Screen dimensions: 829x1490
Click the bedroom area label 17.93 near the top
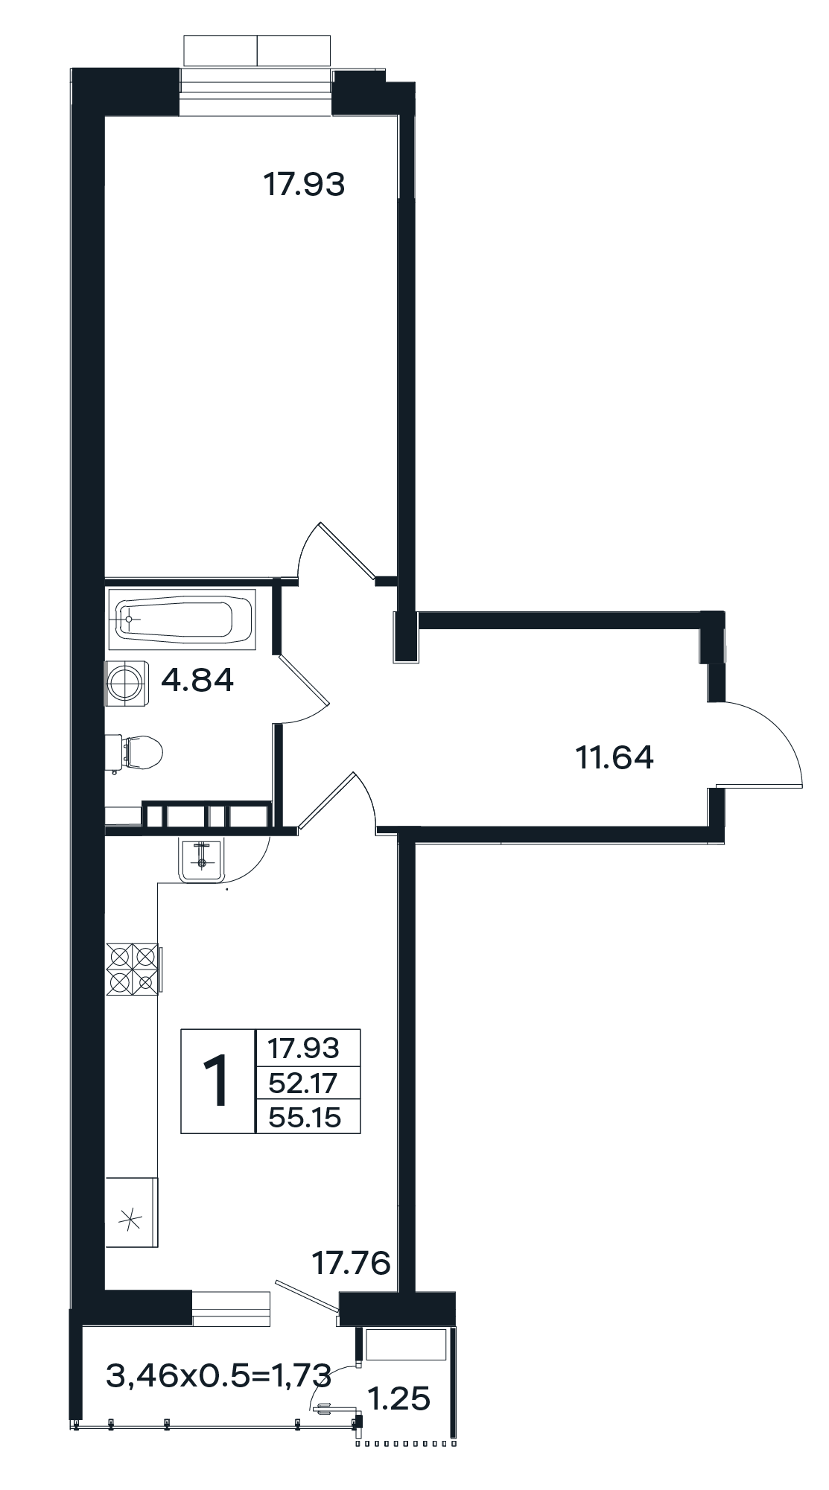pyautogui.click(x=305, y=184)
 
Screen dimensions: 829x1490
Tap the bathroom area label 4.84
pyautogui.click(x=197, y=679)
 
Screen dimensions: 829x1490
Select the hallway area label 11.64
pyautogui.click(x=614, y=757)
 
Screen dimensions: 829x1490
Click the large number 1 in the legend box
pyautogui.click(x=218, y=1081)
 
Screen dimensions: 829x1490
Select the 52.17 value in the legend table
pyautogui.click(x=304, y=1082)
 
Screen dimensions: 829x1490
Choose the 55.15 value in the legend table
pyautogui.click(x=305, y=1117)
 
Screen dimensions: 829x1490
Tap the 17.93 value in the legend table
pyautogui.click(x=304, y=1048)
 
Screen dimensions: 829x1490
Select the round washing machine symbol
pyautogui.click(x=127, y=681)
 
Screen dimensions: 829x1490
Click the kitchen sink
pyautogui.click(x=201, y=859)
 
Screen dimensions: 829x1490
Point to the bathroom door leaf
pyautogui.click(x=303, y=680)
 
